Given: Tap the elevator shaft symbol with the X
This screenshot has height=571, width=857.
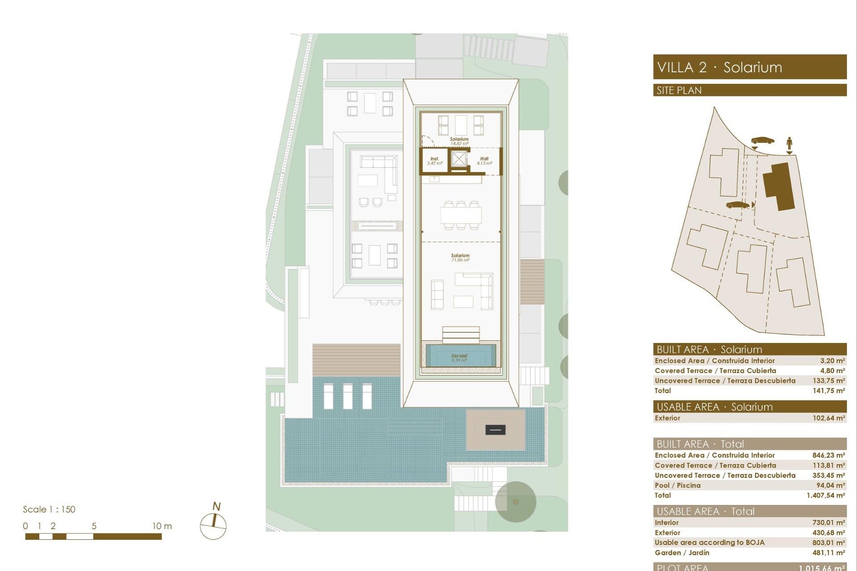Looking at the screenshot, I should pos(458,158).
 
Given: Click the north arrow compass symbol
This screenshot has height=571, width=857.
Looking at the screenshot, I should pos(213,525).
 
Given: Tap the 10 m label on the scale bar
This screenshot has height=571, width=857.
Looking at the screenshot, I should pos(162,526).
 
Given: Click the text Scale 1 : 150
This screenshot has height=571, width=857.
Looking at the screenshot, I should pos(49,509).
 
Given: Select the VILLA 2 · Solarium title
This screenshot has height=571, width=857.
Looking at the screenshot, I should pos(720,68).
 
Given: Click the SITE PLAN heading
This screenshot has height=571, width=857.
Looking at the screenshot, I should pos(679,91).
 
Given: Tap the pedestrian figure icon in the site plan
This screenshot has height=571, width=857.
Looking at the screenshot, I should pos(789,144).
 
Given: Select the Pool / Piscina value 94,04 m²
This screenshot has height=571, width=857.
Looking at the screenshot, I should pos(830,485).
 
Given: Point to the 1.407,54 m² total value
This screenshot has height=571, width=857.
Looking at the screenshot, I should pos(825,495).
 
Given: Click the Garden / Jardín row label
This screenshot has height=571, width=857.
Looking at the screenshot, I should pos(682,553).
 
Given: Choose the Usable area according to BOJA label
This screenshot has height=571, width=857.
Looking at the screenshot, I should pos(709,542).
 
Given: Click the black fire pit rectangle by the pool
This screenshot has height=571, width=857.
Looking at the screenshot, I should pos(495,430).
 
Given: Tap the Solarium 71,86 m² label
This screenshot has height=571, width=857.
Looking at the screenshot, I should pos(460,258).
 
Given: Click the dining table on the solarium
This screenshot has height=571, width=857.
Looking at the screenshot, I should pos(461,216).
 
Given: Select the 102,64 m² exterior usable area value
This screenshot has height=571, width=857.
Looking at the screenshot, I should pos(828,418).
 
